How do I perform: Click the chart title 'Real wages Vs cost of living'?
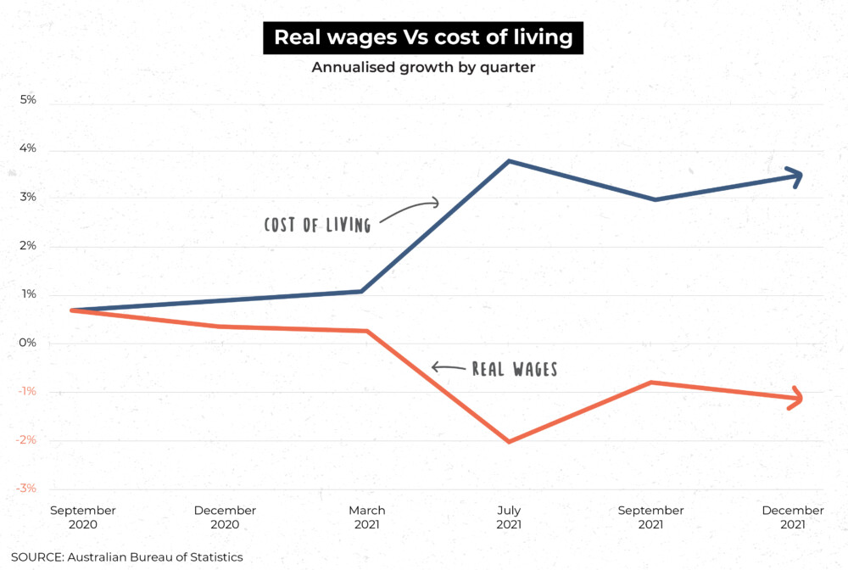(x=423, y=38)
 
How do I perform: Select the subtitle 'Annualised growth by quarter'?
(x=423, y=68)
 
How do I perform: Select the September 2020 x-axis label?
(x=83, y=517)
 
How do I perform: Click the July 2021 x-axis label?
(x=509, y=517)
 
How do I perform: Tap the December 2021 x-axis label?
(x=792, y=517)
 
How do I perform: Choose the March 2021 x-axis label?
(x=366, y=517)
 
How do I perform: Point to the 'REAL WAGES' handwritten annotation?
(x=514, y=369)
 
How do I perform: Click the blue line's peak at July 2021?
(x=508, y=161)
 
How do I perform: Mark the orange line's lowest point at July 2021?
(x=509, y=441)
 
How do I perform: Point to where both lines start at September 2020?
(x=73, y=310)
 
